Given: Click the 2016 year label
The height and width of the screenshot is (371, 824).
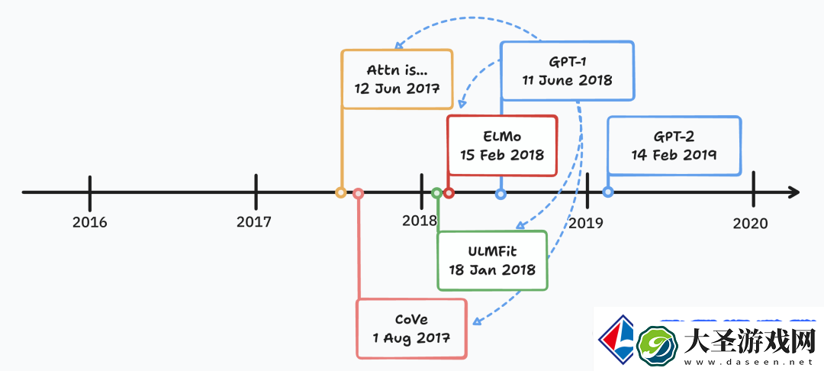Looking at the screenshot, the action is pos(90,222).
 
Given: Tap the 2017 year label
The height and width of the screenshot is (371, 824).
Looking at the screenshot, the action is pos(254,222).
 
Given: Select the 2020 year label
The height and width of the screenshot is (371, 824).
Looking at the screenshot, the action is pos(751,224).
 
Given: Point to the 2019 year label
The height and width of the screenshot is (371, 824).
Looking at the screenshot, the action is pos(585,224).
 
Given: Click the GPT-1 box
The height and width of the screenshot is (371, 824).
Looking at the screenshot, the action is pos(567,71).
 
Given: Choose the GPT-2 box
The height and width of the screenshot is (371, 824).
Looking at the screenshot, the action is pos(674,146).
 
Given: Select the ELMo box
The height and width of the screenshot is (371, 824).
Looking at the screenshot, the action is pos(502,146).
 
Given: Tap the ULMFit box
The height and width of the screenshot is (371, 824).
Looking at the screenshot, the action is pos(492,260).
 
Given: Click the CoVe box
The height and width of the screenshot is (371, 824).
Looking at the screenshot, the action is pos(411,328).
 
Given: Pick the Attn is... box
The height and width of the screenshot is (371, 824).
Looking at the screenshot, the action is pos(397,79).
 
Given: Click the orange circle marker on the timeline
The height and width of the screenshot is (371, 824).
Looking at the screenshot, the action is pos(341,193).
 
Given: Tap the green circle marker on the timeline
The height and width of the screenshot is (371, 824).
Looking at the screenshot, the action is pos(436,193).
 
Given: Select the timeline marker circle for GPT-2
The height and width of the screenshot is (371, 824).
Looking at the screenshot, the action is pos(608,192).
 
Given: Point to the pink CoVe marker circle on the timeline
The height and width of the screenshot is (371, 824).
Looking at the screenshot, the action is pos(359,193).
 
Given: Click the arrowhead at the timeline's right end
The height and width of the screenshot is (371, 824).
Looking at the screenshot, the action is pos(794,192).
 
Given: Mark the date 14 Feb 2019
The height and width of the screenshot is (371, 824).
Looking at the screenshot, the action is pos(674,155).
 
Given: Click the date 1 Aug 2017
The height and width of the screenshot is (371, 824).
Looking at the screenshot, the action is pos(411,338).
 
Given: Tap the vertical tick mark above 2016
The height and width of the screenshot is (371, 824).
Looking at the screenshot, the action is pos(90,192).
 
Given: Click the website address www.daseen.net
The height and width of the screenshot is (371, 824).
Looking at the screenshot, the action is pos(749,363).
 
